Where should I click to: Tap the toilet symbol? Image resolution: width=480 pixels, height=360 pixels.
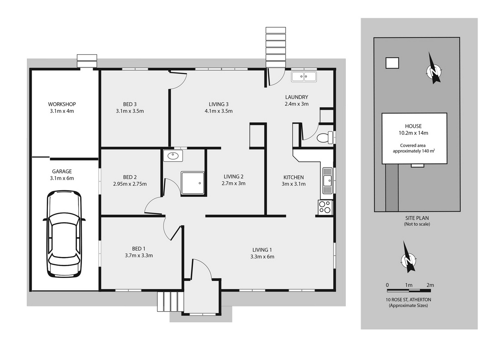click(x=325, y=137)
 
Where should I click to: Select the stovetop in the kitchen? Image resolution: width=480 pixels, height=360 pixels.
click(x=325, y=207)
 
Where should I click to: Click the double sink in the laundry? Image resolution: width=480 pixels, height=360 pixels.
click(x=304, y=76)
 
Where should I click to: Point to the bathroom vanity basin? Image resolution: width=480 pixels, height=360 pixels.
click(x=173, y=156)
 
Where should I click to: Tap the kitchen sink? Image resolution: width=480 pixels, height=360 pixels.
click(x=328, y=181)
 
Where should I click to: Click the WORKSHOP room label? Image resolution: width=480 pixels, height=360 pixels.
click(x=62, y=104)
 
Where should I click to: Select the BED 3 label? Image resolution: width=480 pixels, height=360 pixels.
click(x=130, y=104)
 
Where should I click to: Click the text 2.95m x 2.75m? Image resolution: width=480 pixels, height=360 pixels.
click(x=130, y=184)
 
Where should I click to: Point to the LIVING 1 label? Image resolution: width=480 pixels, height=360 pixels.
click(x=262, y=250)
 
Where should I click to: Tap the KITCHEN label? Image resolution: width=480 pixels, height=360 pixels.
click(x=293, y=177)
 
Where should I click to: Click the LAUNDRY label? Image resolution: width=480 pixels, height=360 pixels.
click(x=297, y=97)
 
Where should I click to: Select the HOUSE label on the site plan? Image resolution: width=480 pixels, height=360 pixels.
click(x=413, y=126)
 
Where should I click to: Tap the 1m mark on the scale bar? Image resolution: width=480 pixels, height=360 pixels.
click(x=409, y=285)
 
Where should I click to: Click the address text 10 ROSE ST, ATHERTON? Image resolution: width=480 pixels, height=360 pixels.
click(x=408, y=300)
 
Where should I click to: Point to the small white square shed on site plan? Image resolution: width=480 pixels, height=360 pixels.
click(x=392, y=63)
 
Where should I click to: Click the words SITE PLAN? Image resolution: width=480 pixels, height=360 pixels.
click(x=417, y=218)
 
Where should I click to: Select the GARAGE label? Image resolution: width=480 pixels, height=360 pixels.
click(x=62, y=171)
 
